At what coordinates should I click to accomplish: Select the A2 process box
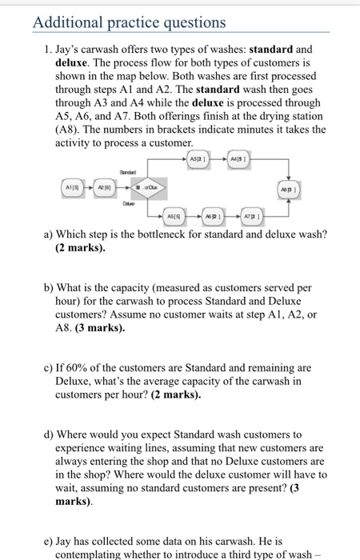coord(104,189)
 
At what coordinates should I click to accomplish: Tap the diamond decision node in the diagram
coord(138,189)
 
